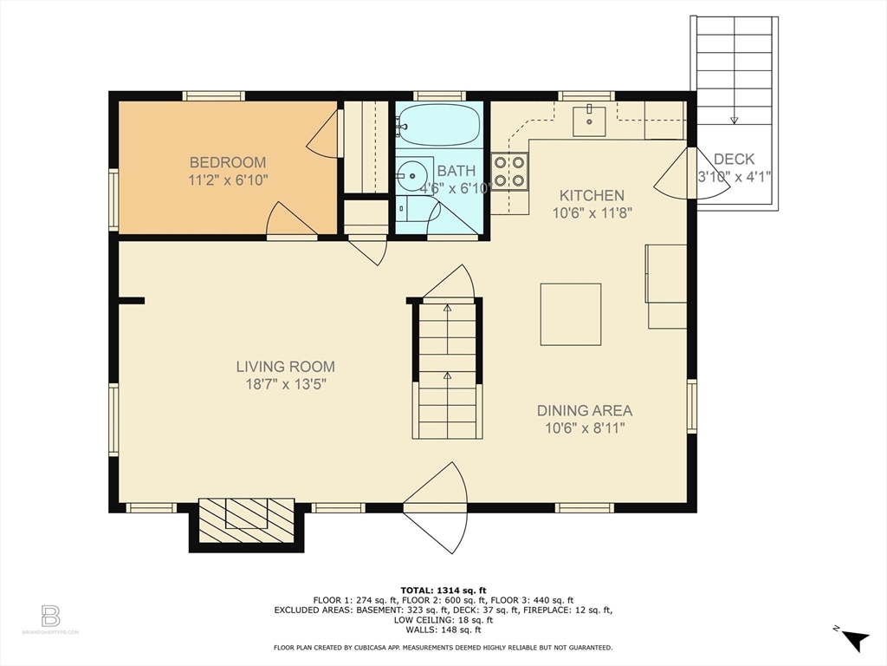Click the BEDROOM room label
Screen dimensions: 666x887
coord(228,162)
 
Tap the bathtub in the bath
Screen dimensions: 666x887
coord(440,125)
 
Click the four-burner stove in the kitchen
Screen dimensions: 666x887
coord(510,170)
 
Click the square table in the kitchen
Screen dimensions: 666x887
coord(571,314)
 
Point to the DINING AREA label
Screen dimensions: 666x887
coord(585,410)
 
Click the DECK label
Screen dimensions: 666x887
coord(734,159)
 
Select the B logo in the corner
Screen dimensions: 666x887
coord(50,616)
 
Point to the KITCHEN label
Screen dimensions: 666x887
coord(591,195)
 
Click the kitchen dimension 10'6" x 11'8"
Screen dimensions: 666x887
coord(591,212)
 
